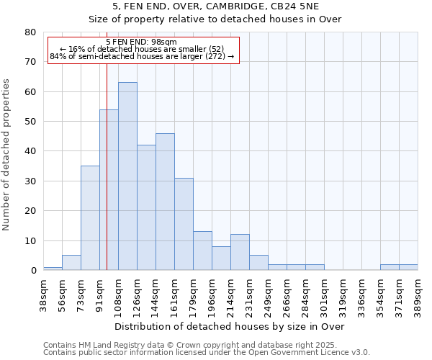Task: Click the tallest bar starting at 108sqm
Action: click(127, 176)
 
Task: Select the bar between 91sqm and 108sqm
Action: click(109, 190)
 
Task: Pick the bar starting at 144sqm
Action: click(165, 202)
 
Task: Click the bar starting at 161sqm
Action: click(184, 224)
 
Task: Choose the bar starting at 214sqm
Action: click(240, 252)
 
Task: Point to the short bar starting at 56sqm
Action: click(71, 263)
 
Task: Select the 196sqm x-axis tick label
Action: click(212, 294)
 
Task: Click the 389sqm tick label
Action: click(418, 294)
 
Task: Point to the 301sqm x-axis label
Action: click(324, 294)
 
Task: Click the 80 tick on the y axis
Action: click(30, 32)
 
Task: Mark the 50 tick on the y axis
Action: click(30, 122)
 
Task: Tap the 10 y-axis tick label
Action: click(30, 240)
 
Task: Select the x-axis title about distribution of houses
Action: click(230, 327)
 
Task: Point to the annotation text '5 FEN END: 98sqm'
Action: click(141, 42)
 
